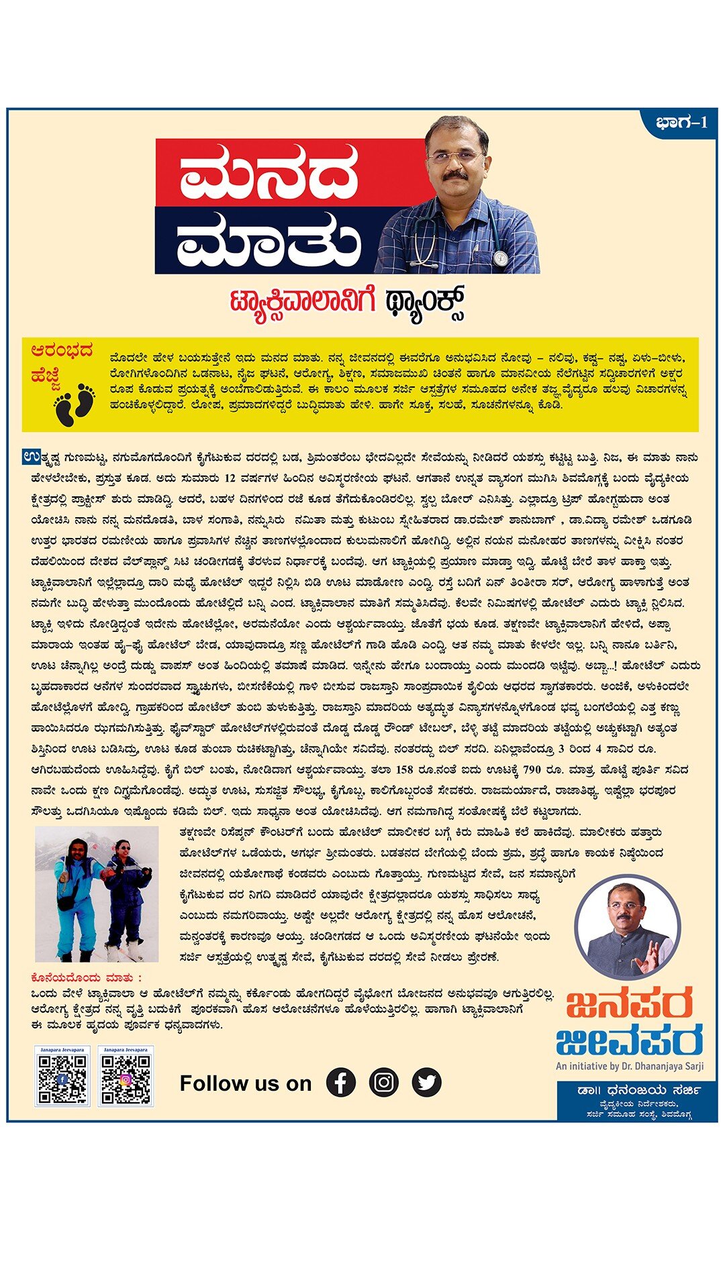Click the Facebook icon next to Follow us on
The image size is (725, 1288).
[x=341, y=1082]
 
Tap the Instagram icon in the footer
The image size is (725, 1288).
[x=384, y=1082]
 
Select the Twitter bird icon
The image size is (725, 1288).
[x=427, y=1082]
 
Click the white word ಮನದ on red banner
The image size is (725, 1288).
[x=269, y=173]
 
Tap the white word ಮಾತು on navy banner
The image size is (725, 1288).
[x=269, y=239]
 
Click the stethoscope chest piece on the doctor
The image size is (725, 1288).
[x=500, y=258]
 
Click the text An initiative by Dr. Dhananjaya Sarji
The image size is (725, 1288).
[x=629, y=1066]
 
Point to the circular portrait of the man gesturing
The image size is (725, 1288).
[x=628, y=928]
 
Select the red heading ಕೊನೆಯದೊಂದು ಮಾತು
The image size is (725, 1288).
[x=87, y=977]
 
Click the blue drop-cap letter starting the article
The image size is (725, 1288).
[x=30, y=458]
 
